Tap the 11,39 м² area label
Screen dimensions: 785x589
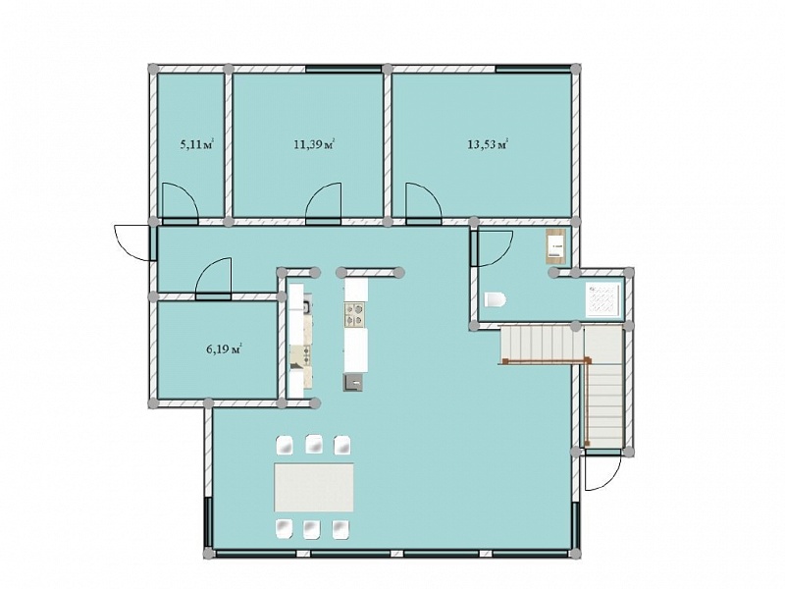(x=314, y=144)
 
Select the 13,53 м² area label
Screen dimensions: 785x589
(x=488, y=144)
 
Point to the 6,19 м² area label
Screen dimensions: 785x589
(x=225, y=349)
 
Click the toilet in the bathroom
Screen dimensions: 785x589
(x=496, y=299)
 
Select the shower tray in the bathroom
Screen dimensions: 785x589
(x=603, y=300)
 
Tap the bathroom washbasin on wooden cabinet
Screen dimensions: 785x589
(x=555, y=246)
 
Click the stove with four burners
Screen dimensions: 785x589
(x=356, y=314)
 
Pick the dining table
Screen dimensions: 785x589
(x=314, y=487)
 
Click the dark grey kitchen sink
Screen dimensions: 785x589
(x=353, y=383)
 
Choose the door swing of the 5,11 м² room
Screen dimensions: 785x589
(x=181, y=201)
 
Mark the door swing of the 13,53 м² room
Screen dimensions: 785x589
(x=424, y=201)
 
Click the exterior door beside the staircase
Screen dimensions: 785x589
(x=603, y=473)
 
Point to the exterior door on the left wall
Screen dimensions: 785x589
(x=132, y=242)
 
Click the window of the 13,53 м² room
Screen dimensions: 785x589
(x=534, y=69)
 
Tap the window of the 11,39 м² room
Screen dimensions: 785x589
(x=344, y=69)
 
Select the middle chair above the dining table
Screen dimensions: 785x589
(x=314, y=444)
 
